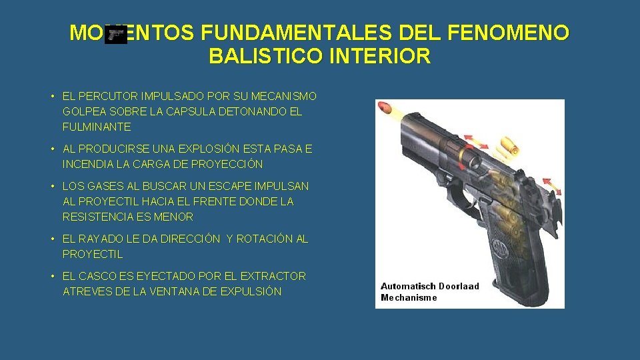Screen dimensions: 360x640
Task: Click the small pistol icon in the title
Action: [116, 35]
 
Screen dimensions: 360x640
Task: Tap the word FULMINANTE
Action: [97, 127]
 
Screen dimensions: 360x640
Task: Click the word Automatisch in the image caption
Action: [408, 286]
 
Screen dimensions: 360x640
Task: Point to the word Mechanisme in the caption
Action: [409, 297]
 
